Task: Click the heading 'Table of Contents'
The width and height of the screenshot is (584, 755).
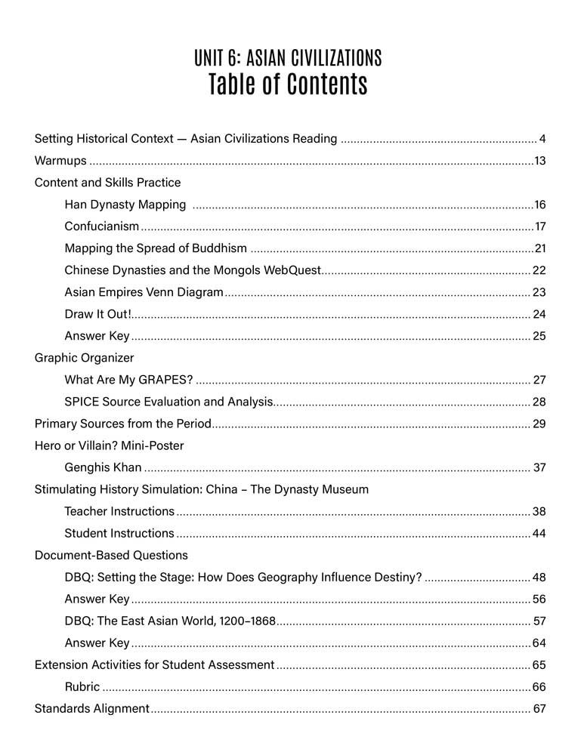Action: coord(288,85)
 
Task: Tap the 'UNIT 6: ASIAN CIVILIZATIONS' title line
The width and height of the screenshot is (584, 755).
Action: coord(288,57)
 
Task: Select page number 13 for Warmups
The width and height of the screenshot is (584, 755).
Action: coord(539,161)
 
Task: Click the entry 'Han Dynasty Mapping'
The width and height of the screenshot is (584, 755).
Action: coord(125,205)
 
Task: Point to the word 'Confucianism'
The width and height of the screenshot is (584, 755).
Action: coord(102,226)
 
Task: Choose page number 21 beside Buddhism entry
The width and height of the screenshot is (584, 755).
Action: coord(539,248)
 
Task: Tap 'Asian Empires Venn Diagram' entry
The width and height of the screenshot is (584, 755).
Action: coord(144,292)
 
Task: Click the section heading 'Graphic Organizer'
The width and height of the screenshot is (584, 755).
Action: coord(84,358)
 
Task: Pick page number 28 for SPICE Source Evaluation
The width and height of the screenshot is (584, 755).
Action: coord(539,402)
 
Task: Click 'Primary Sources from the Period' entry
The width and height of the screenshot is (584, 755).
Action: coord(123,424)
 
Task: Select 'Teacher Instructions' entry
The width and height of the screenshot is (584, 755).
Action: coord(119,511)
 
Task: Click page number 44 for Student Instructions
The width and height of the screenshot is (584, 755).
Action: coord(539,534)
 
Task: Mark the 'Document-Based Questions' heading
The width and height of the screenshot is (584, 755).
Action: coord(111,555)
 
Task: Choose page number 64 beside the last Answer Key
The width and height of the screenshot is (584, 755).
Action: coord(539,643)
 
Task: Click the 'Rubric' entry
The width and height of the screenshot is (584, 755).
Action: coord(82,687)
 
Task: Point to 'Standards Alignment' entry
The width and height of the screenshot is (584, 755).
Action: coord(92,709)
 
